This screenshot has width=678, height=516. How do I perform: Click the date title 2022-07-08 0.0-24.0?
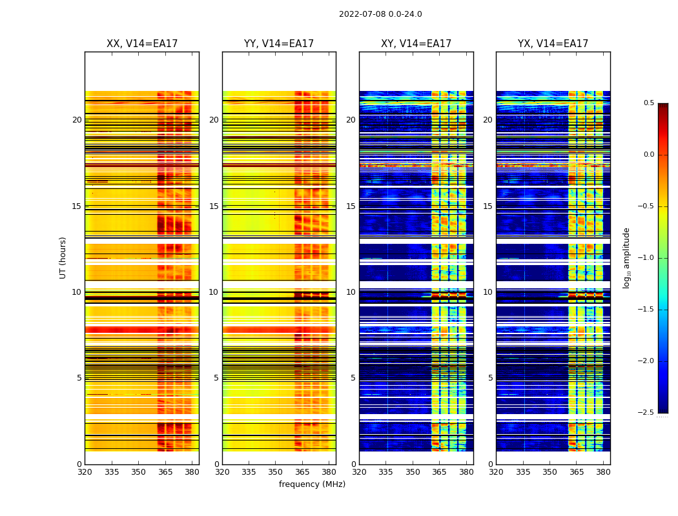click(x=380, y=14)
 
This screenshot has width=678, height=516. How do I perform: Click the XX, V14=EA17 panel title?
click(x=142, y=44)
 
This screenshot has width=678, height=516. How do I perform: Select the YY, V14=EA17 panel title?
click(x=279, y=44)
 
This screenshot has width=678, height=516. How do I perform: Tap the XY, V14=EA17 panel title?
click(x=416, y=44)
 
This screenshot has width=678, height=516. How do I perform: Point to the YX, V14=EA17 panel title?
click(x=553, y=44)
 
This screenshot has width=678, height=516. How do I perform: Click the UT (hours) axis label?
click(x=63, y=257)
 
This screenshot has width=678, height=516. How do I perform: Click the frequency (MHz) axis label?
click(x=312, y=484)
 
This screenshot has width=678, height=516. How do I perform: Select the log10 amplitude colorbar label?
click(x=626, y=257)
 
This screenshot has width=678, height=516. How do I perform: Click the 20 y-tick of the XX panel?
click(x=77, y=120)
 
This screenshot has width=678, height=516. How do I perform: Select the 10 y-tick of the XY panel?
click(x=351, y=292)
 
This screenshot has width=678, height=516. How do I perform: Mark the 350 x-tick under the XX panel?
click(x=138, y=472)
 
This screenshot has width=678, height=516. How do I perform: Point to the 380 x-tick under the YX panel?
click(x=603, y=472)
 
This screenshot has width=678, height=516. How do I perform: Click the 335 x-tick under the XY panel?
click(x=385, y=472)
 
